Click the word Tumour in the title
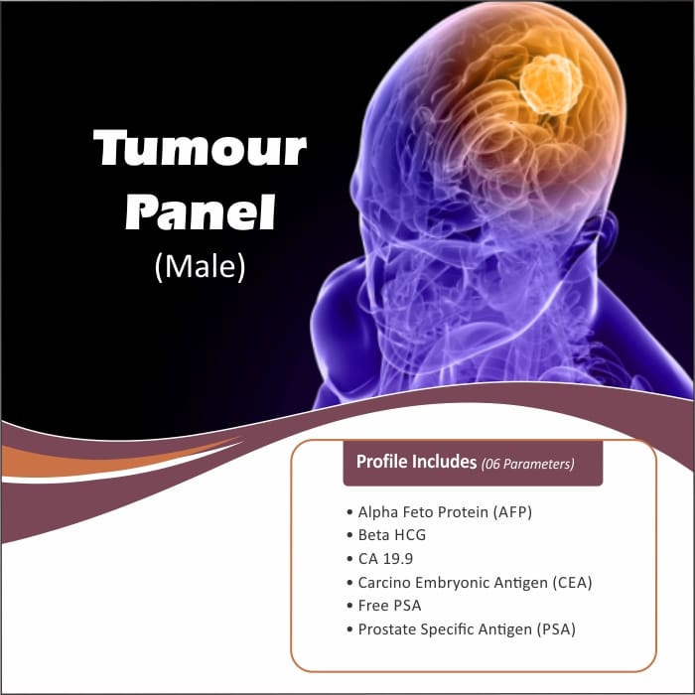point(200,148)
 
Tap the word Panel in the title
point(201,211)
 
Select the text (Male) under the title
point(200,266)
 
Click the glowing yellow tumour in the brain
point(550,83)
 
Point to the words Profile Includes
point(416,462)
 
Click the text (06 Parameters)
point(527,464)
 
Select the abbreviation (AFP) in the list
point(512,512)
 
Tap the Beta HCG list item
point(392,535)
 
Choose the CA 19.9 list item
point(385,558)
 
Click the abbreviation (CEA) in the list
point(572,583)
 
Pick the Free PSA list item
point(389,606)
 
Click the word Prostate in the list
point(387,629)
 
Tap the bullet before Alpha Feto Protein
point(349,512)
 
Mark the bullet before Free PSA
point(349,606)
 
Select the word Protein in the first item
point(464,512)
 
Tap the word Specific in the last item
point(449,629)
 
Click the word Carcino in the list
point(384,583)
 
